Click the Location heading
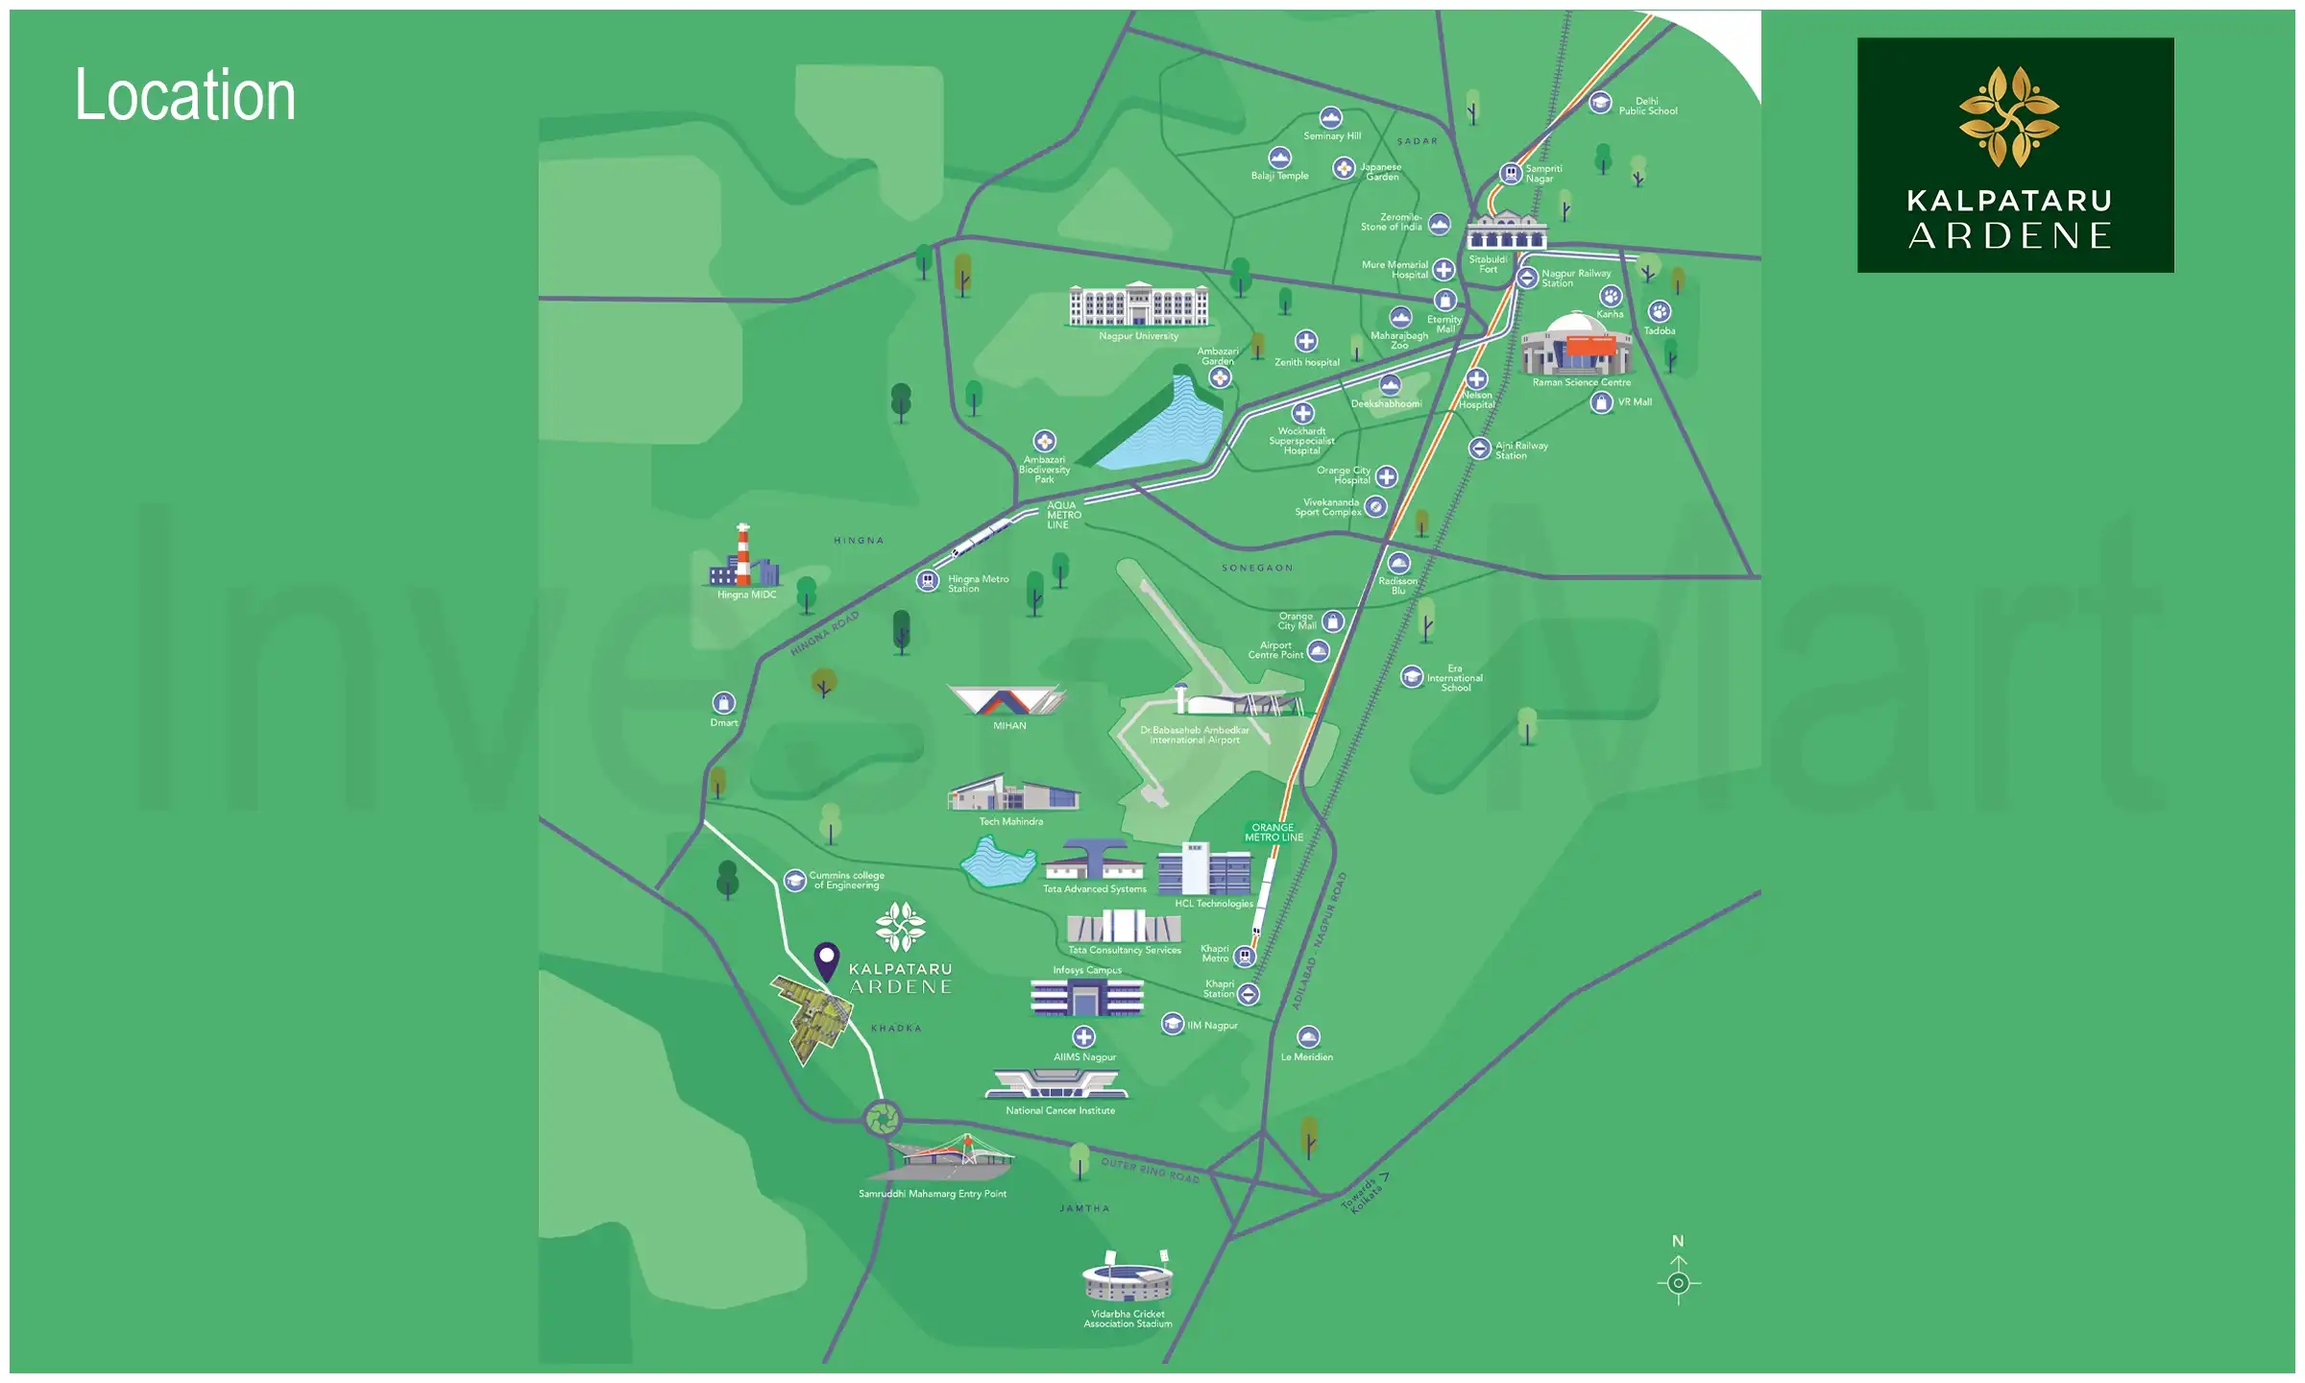pyautogui.click(x=185, y=95)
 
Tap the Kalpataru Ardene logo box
pyautogui.click(x=2015, y=155)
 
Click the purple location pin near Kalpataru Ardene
pyautogui.click(x=826, y=959)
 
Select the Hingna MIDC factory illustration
pyautogui.click(x=743, y=558)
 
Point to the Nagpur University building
pyautogui.click(x=1139, y=304)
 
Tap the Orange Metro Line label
pyautogui.click(x=1274, y=833)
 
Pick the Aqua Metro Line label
pyautogui.click(x=1063, y=515)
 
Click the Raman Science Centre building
pyautogui.click(x=1577, y=346)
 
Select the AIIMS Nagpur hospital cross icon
pyautogui.click(x=1083, y=1037)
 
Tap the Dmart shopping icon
pyautogui.click(x=724, y=703)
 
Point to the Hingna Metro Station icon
pyautogui.click(x=927, y=581)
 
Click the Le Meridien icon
pyautogui.click(x=1308, y=1037)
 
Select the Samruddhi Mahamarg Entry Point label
pyautogui.click(x=932, y=1194)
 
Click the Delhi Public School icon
pyautogui.click(x=1600, y=102)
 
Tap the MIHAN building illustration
pyautogui.click(x=1006, y=700)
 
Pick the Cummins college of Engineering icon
pyautogui.click(x=794, y=881)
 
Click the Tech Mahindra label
pyautogui.click(x=1010, y=821)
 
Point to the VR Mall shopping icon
pyautogui.click(x=1601, y=402)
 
